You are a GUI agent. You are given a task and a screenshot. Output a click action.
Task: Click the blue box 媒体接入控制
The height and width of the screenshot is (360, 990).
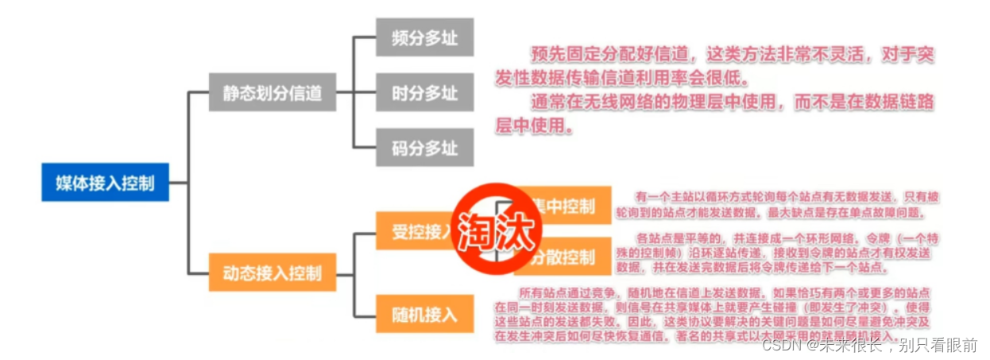tap(105, 184)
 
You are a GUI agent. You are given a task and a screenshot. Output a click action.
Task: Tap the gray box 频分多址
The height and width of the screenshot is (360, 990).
tap(425, 37)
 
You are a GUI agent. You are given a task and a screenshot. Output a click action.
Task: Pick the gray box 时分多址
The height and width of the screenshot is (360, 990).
tap(425, 93)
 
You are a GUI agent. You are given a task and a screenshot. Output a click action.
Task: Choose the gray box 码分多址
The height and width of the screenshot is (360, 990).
tap(425, 149)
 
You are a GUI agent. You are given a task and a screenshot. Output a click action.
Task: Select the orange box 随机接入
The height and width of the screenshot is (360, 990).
tap(425, 313)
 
